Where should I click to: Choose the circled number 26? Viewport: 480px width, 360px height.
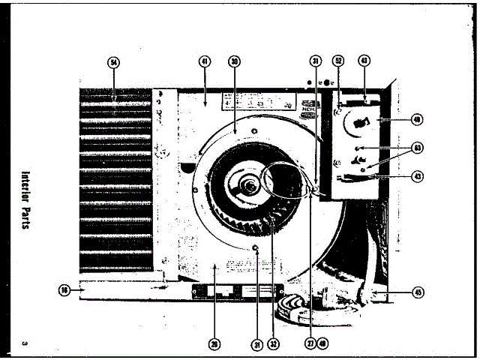coord(215,345)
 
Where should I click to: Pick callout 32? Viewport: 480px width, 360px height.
coord(274,345)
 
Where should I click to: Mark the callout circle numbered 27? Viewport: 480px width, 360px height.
coord(309,345)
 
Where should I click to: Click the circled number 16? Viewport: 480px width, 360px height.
coord(65,290)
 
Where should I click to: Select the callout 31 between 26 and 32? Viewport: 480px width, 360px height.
coord(256,345)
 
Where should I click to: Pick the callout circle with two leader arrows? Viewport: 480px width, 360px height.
coord(418,148)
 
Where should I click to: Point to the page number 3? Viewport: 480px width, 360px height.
coord(25,343)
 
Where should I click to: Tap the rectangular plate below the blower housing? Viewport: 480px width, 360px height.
coord(237,290)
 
